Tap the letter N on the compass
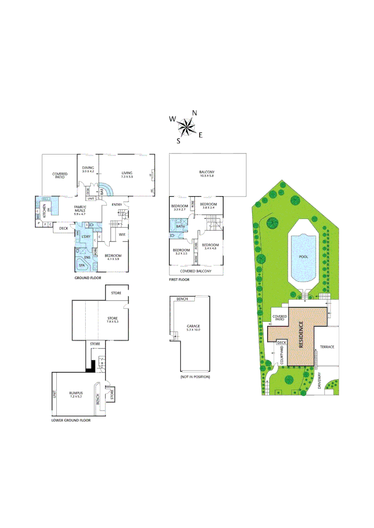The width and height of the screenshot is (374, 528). pos(194,113)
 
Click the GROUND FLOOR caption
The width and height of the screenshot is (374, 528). pos(88,277)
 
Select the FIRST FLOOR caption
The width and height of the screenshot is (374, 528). pos(179,280)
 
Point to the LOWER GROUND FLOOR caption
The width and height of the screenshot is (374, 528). pos(71,419)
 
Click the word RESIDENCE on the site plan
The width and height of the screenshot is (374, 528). pos(301,334)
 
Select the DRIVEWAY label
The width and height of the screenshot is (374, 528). pos(319,381)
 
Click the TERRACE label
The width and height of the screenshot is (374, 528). pos(327,347)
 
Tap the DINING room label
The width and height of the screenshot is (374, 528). pos(88,169)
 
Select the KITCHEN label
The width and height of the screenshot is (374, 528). pos(45,212)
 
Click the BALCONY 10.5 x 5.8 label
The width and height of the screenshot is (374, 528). pos(207,173)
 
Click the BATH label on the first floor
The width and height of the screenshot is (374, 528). pos(180,226)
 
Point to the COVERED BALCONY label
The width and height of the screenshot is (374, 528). pos(196,271)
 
